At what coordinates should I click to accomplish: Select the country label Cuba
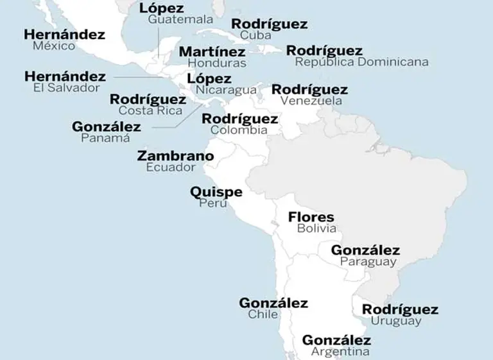[255, 35]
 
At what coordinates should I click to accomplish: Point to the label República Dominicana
[361, 62]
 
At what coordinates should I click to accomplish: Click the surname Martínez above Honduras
[212, 51]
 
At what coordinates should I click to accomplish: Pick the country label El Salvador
[67, 88]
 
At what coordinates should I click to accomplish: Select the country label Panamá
[105, 137]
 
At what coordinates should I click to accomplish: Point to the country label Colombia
[239, 130]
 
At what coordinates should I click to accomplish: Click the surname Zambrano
[175, 156]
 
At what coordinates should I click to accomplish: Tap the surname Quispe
[216, 192]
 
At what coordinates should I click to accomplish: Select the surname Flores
[311, 217]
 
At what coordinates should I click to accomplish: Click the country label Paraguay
[368, 262]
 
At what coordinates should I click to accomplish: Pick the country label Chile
[263, 314]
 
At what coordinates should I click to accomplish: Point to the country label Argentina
[340, 352]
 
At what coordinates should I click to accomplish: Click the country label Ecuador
[170, 167]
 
